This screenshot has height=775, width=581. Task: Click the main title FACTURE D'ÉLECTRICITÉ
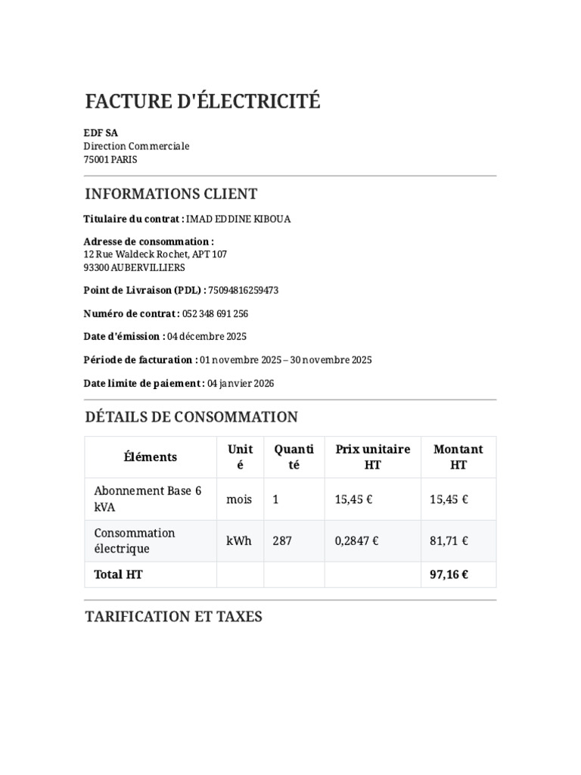coord(203,101)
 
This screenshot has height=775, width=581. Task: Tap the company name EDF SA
coord(101,132)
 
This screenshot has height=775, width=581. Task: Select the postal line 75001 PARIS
coord(110,160)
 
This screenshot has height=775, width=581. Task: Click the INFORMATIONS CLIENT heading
coord(171,194)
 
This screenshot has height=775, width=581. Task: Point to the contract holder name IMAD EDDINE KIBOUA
coord(238,219)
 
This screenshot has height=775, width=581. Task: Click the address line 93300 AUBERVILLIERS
coord(134,267)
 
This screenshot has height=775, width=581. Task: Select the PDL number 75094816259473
coord(244,290)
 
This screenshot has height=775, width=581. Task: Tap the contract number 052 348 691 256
coord(216,313)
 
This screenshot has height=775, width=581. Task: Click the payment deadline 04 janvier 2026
coord(241,383)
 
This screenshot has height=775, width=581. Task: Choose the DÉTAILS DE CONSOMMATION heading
coord(191,417)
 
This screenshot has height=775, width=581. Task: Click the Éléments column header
coord(151,457)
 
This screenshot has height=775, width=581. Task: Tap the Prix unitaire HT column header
coord(372,457)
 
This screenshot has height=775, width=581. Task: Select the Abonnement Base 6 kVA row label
coord(148,499)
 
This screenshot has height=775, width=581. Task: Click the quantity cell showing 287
coord(281,541)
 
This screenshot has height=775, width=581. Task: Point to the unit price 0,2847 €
coord(357,541)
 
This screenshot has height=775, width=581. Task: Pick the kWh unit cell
coord(239,541)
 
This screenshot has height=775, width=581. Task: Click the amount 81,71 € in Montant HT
coord(449,541)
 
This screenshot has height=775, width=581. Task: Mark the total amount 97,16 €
coord(449,574)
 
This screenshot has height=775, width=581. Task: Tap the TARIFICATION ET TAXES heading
coord(174,617)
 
